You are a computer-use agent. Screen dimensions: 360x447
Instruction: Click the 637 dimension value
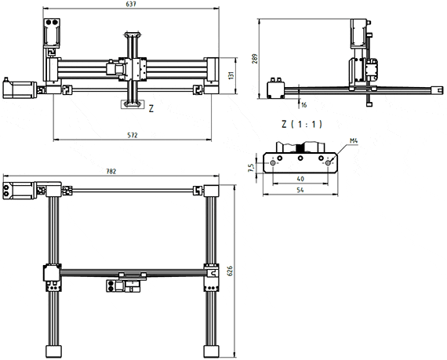(131, 5)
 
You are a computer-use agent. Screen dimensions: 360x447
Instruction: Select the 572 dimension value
(132, 135)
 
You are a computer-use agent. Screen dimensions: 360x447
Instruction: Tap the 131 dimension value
(231, 76)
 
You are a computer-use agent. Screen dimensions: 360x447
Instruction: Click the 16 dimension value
(303, 104)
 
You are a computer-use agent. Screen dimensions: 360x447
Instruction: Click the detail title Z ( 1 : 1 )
(302, 124)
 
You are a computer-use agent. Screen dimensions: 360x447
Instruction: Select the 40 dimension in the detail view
(301, 179)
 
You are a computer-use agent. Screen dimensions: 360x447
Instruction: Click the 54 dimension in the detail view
(301, 191)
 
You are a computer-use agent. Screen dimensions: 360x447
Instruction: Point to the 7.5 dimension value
(250, 167)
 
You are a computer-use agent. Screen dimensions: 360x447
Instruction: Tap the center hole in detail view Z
(301, 158)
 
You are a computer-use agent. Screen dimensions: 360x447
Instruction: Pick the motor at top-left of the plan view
(20, 190)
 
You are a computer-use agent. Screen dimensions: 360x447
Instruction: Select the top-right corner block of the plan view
(212, 190)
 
